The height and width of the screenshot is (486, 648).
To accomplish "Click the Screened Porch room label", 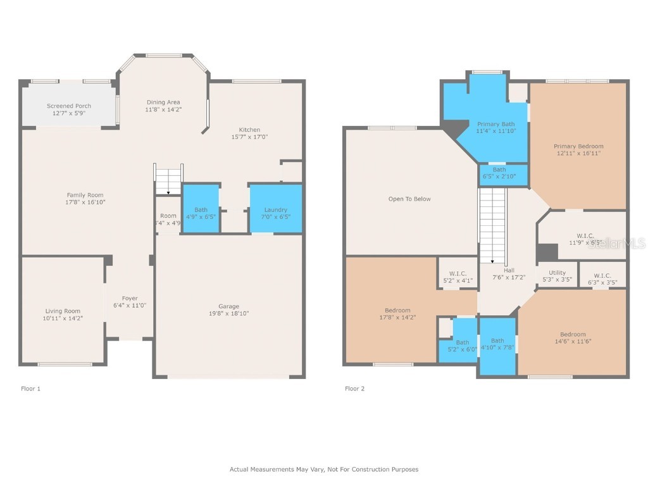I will pos(69,106).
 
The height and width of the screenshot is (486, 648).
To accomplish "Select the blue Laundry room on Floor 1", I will pos(275,209).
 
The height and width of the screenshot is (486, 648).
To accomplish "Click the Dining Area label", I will pos(163,102).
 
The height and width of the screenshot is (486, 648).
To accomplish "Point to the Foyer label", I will pos(130,298).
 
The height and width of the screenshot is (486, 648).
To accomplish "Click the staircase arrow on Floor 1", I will pos(168,191).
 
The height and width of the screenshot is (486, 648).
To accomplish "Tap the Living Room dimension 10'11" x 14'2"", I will pos(63,318).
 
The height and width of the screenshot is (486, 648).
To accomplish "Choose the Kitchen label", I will pos(249,130).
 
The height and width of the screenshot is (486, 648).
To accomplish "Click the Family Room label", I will pos(85,195).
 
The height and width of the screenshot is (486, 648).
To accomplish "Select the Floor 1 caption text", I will pos(30,389).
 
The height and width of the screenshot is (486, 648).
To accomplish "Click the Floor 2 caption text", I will pos(354,389).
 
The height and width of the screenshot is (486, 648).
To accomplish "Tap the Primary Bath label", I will pos(495,124).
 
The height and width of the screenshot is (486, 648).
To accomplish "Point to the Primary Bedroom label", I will pos(578,146).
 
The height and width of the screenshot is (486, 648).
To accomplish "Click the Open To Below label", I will pos(409,199).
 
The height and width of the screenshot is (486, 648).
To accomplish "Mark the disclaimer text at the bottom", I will pos(323,469).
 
